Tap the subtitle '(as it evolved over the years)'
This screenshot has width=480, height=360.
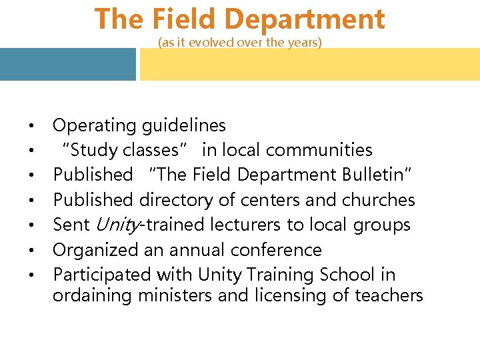click(x=240, y=43)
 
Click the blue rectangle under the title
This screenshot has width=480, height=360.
click(x=67, y=64)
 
